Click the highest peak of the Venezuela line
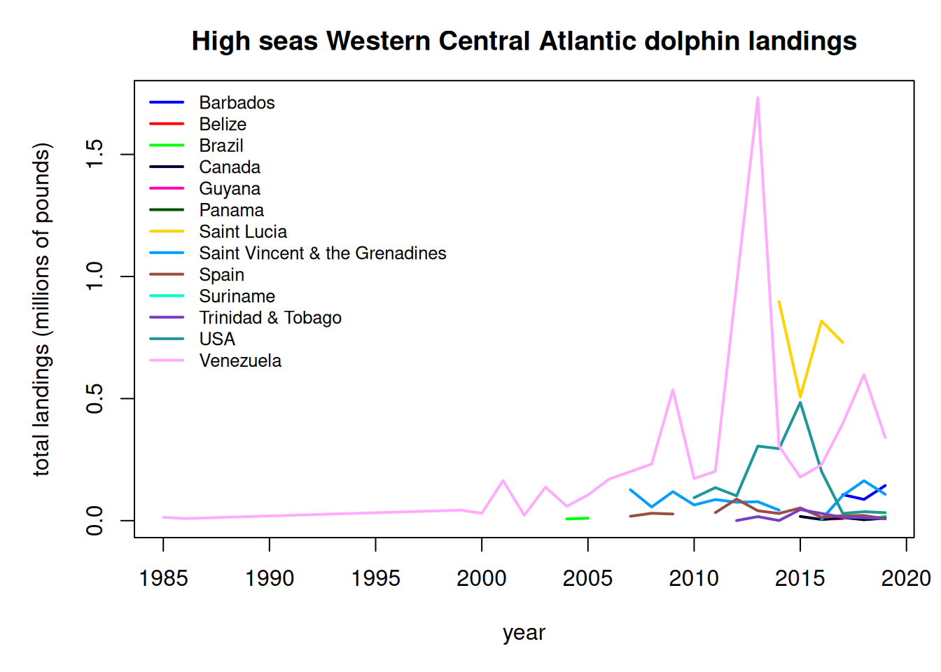[x=758, y=98]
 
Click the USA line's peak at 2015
[x=800, y=402]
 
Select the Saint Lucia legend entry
[x=242, y=232]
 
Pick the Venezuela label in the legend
[x=240, y=360]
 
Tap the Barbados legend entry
[x=237, y=103]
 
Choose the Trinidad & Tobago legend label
[x=270, y=318]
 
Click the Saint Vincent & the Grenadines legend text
[x=322, y=253]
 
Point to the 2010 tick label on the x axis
[x=694, y=578]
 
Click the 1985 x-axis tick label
[x=163, y=578]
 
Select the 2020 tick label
[x=906, y=578]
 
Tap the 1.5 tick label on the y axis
[x=95, y=154]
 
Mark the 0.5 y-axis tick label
[x=95, y=398]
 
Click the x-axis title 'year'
[x=524, y=633]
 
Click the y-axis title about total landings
[x=42, y=309]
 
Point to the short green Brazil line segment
[x=577, y=519]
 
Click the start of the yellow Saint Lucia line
[x=779, y=302]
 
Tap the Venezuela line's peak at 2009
[x=673, y=390]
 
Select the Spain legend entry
[x=221, y=275]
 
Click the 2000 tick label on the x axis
[x=482, y=578]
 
